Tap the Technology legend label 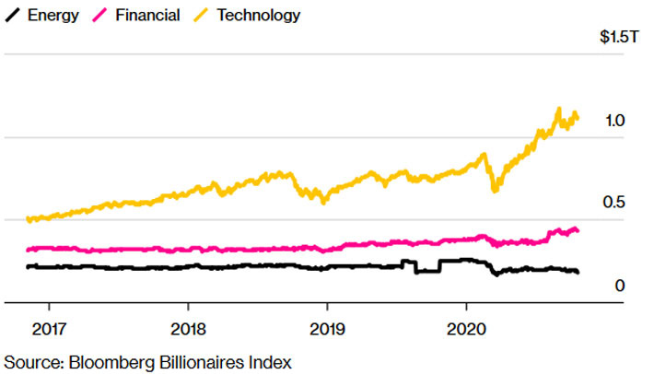point(259,16)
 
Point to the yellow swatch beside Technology point(202,16)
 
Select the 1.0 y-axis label point(616,121)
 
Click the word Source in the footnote point(29,360)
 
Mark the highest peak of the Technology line point(558,110)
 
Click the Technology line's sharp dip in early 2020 point(495,190)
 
